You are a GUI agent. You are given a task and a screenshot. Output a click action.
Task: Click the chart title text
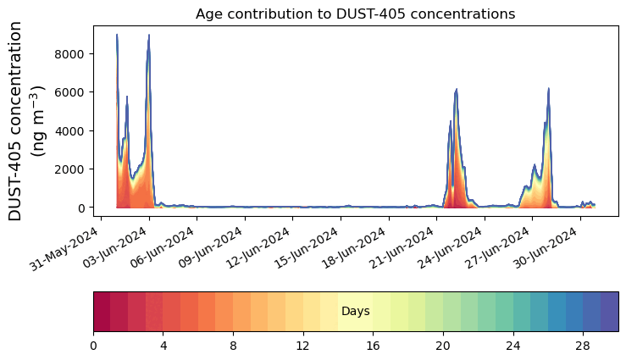[x=355, y=14]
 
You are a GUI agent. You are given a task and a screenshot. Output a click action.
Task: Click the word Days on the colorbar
[x=355, y=312]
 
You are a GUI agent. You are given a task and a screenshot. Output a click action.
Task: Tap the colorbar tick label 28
[x=583, y=346]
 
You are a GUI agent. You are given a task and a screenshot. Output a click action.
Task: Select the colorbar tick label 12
[x=302, y=346]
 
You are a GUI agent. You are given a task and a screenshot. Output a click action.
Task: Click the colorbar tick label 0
[x=93, y=346]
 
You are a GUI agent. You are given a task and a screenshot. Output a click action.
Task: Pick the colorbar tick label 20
[x=442, y=346]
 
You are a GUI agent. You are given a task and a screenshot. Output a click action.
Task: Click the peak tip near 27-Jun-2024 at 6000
[x=549, y=88]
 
